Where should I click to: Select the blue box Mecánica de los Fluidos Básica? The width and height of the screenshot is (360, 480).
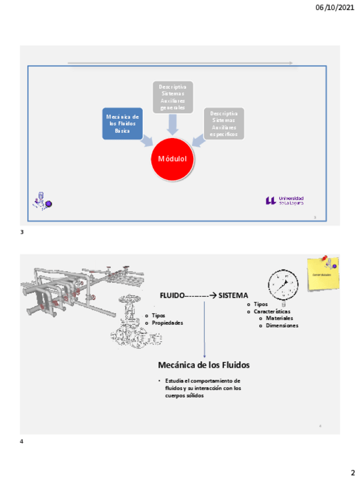pos(122,123)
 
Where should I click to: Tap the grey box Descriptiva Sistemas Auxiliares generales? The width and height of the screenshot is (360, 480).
pos(173,97)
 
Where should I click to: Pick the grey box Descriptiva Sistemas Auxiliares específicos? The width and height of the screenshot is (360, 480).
pos(224,123)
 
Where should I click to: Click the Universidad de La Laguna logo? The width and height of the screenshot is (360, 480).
pos(285,200)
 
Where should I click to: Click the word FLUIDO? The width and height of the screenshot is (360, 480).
pos(172,295)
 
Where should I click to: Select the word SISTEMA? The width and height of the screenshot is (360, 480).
pos(234,295)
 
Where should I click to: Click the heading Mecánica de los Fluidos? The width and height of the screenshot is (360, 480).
pos(204,365)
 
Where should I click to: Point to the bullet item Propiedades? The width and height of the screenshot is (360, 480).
pos(167,323)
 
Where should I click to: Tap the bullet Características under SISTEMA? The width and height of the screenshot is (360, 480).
pos(272,311)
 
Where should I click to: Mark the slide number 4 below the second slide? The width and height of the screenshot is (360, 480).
pos(22,441)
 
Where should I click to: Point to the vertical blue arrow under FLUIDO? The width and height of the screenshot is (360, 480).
pos(204,328)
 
